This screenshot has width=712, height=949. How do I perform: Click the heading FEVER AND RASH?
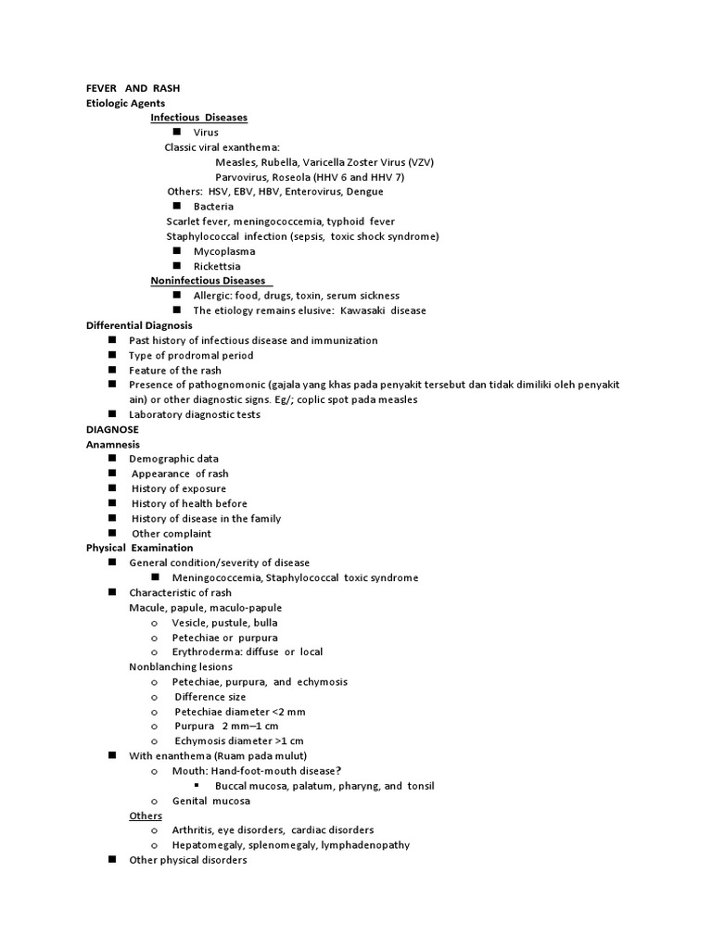133,88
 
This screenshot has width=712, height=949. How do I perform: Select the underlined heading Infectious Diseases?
198,118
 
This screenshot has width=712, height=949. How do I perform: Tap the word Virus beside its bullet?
206,133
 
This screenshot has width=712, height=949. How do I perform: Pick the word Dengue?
363,192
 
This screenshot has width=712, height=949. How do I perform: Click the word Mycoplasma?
224,251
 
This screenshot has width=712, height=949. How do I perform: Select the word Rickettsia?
218,266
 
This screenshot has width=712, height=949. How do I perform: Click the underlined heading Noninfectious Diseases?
208,281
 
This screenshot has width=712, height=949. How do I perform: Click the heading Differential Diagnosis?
139,325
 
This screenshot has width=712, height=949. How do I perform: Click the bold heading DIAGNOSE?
112,429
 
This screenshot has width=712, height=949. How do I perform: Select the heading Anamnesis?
113,444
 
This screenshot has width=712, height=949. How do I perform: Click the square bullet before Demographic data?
111,459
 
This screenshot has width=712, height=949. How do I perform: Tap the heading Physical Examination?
139,548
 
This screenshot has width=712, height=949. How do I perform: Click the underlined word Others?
146,816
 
